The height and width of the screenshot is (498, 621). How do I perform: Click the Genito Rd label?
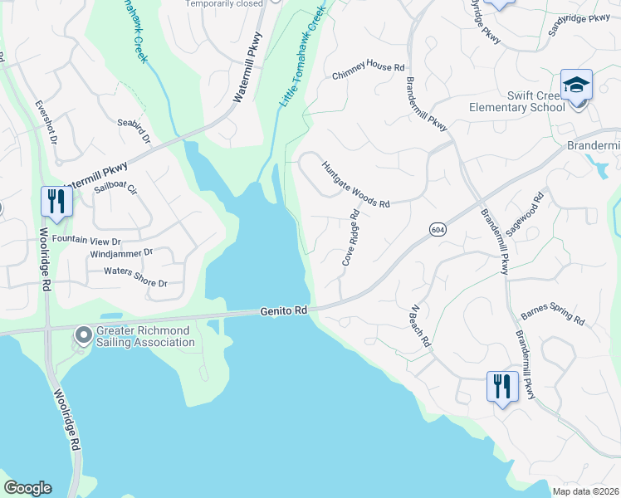(x=284, y=310)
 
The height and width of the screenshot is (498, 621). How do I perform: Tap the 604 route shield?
(x=438, y=228)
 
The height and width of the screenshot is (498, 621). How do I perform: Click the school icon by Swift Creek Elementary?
(x=575, y=85)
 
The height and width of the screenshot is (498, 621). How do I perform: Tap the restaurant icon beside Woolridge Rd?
(x=56, y=202)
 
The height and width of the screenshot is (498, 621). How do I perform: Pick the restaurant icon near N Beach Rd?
(x=502, y=387)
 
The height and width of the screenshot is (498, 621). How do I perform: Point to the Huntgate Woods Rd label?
(x=355, y=183)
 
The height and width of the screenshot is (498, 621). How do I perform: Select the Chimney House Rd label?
(x=368, y=73)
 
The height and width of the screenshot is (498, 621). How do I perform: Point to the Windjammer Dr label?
(x=121, y=252)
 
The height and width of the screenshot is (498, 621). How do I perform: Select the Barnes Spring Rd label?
(x=552, y=319)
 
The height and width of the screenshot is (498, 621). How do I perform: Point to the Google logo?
(x=27, y=488)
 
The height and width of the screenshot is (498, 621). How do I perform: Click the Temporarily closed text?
(x=223, y=4)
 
